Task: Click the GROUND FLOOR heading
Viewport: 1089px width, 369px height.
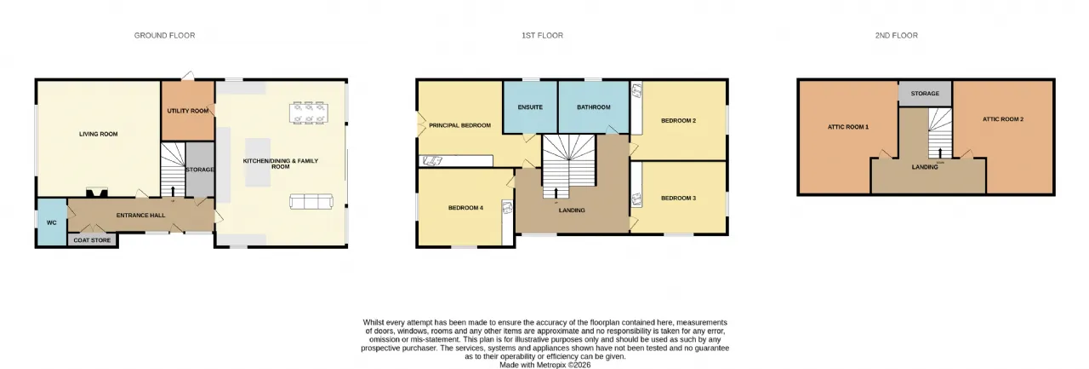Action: pyautogui.click(x=164, y=36)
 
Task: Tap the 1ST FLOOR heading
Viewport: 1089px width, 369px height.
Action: pyautogui.click(x=542, y=36)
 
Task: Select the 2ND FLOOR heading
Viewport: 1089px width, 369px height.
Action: pyautogui.click(x=897, y=36)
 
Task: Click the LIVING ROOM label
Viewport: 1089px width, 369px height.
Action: pyautogui.click(x=98, y=134)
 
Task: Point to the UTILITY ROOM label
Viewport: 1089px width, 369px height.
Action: pyautogui.click(x=188, y=111)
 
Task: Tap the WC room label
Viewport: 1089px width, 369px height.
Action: pyautogui.click(x=52, y=222)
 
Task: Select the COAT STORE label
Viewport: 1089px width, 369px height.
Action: pyautogui.click(x=92, y=240)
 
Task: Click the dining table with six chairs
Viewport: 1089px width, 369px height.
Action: pyautogui.click(x=309, y=112)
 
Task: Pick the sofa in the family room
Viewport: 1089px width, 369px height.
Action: pyautogui.click(x=311, y=201)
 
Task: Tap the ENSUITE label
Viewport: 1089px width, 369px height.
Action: pyautogui.click(x=530, y=107)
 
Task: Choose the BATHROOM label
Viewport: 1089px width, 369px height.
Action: pyautogui.click(x=594, y=107)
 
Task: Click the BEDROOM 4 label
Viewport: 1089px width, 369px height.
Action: pyautogui.click(x=465, y=208)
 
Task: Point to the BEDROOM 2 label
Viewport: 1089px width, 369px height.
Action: pyautogui.click(x=679, y=120)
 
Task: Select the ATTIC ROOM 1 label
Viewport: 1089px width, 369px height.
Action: pyautogui.click(x=848, y=127)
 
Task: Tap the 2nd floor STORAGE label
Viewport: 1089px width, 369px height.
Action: pyautogui.click(x=925, y=93)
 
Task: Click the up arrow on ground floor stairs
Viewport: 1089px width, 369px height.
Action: pyautogui.click(x=173, y=191)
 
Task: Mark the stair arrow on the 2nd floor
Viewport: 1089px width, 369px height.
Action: pyautogui.click(x=940, y=153)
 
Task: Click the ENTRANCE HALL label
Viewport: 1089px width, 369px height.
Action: pyautogui.click(x=140, y=215)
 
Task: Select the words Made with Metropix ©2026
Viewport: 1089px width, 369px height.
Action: pyautogui.click(x=545, y=365)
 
